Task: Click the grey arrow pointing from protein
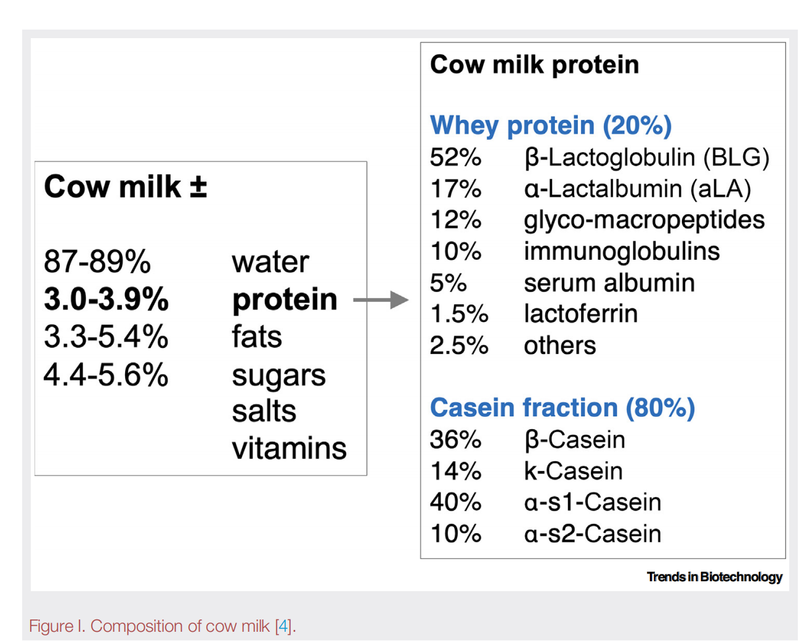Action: (381, 300)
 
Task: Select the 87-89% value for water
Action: (97, 262)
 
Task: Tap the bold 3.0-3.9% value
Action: (107, 299)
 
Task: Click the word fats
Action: (257, 336)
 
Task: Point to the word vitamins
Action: (289, 448)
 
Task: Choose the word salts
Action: (264, 411)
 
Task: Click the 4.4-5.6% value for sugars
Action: (106, 374)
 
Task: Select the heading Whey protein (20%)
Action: (551, 126)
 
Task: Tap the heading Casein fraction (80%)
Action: (562, 408)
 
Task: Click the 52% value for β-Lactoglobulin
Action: (455, 157)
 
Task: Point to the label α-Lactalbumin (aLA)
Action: (638, 188)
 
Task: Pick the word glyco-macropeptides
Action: (644, 220)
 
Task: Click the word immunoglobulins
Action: (622, 251)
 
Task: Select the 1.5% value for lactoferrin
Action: (459, 313)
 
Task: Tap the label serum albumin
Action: (609, 283)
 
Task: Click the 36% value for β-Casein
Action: (455, 439)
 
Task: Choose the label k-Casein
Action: (574, 470)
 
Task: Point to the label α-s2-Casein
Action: (593, 533)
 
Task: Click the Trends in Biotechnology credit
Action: (714, 577)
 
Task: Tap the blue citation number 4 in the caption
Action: (283, 626)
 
